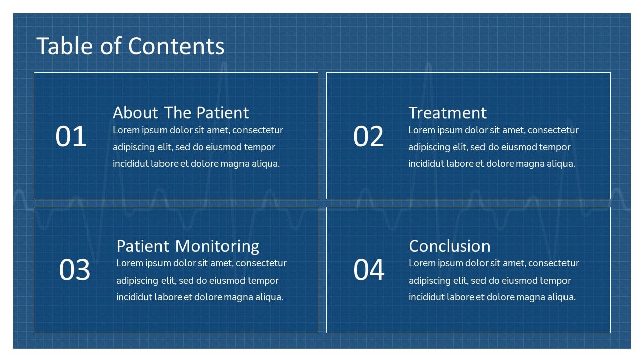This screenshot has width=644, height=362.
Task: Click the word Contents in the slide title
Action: (x=176, y=46)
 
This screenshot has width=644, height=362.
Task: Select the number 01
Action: (x=71, y=136)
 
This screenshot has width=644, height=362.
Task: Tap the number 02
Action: (x=368, y=136)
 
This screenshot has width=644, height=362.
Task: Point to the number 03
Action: (x=74, y=269)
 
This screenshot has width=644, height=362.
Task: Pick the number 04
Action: (x=369, y=269)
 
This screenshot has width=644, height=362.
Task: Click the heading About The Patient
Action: (x=181, y=112)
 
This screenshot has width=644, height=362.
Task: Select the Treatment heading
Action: (x=447, y=112)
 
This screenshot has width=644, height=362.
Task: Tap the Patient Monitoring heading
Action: (x=188, y=247)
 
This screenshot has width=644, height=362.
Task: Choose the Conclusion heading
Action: (x=449, y=246)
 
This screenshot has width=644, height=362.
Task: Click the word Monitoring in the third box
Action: (x=217, y=247)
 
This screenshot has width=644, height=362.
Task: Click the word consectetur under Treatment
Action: (x=553, y=130)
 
